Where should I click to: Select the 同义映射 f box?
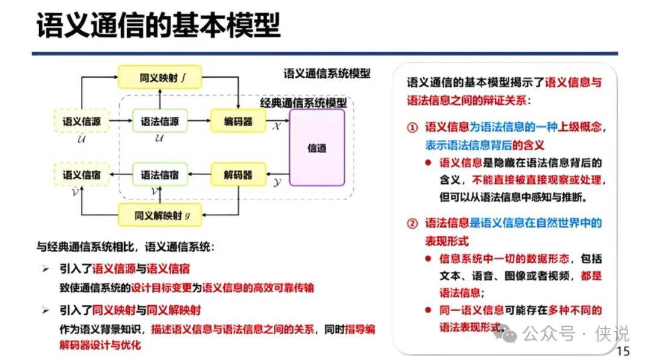tap(160, 78)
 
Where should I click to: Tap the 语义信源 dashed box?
tap(82, 121)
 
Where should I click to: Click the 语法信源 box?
tap(160, 121)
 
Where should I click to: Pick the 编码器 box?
tap(238, 121)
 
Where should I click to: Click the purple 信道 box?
tap(317, 148)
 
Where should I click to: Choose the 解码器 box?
tap(238, 175)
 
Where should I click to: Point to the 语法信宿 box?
tap(160, 175)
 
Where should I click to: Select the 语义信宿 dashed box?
tap(82, 175)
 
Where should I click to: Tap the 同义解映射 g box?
tap(160, 214)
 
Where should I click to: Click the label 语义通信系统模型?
tap(327, 74)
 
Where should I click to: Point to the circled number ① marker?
tap(412, 128)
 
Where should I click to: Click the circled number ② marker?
tap(412, 224)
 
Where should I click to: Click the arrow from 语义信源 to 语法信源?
tap(121, 121)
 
